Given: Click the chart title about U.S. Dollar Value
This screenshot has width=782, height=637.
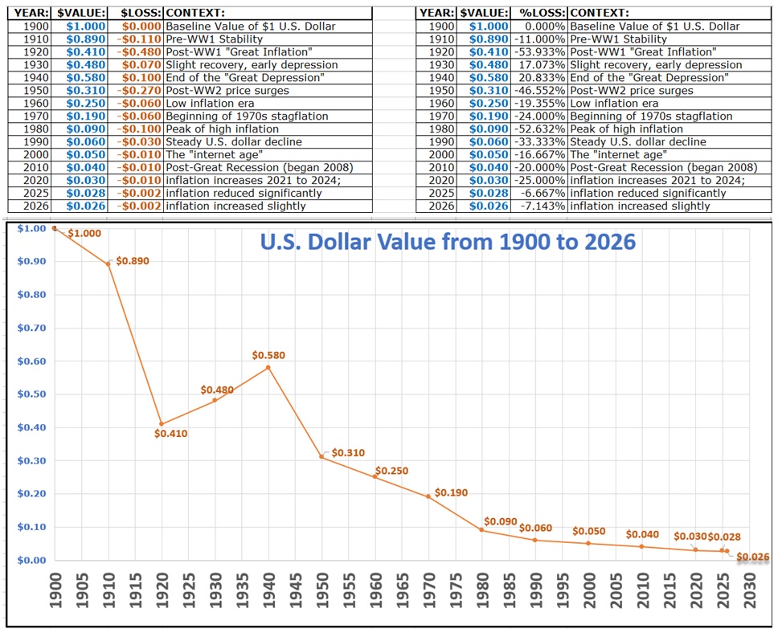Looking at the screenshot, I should (447, 242).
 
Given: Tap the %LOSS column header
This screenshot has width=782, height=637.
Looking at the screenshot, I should (540, 14).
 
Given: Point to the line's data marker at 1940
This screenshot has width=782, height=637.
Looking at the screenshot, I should (268, 368).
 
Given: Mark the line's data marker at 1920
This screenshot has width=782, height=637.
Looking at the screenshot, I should (162, 424).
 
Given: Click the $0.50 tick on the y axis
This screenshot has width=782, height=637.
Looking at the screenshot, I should (30, 394).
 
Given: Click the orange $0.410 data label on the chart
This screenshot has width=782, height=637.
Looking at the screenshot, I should (170, 435).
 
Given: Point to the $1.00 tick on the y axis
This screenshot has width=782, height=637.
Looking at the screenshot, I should (30, 229).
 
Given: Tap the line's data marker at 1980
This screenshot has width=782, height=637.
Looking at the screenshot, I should (481, 530).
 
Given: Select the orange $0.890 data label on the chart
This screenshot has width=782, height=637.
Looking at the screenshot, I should (132, 262).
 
